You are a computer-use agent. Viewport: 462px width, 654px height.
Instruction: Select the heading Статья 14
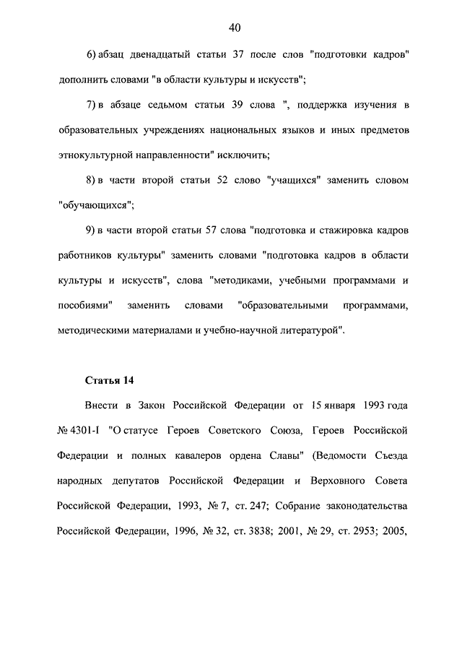click(x=110, y=379)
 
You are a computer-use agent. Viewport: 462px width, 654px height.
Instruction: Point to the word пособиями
click(x=87, y=305)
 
